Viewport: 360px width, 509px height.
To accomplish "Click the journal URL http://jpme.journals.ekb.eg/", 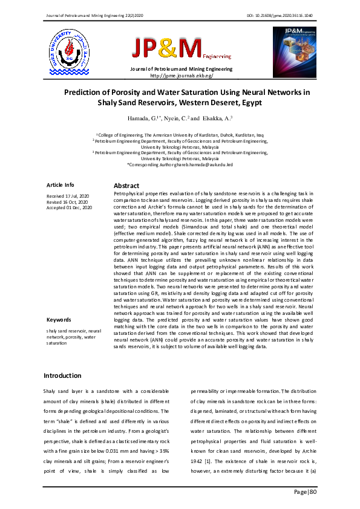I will pyautogui.click(x=181, y=76).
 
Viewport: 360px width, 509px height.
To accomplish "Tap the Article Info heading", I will pyautogui.click(x=61, y=184).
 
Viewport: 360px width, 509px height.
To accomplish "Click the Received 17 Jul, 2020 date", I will pyautogui.click(x=68, y=196).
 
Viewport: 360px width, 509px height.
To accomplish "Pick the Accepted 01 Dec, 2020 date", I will pyautogui.click(x=70, y=207).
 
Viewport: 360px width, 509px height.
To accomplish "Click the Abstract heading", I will pyautogui.click(x=126, y=186).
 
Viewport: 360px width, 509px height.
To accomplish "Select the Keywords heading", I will pyautogui.click(x=59, y=319).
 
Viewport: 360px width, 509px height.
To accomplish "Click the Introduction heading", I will pyautogui.click(x=62, y=375).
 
